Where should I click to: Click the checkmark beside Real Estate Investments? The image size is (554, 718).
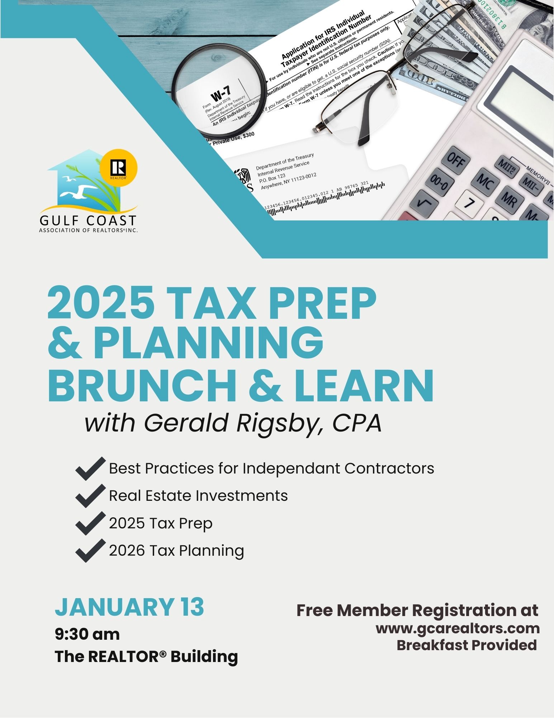click(x=90, y=496)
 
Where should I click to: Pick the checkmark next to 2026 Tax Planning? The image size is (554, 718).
click(x=90, y=550)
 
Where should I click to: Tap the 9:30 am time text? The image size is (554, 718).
click(x=87, y=634)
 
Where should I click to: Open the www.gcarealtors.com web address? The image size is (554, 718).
click(x=458, y=628)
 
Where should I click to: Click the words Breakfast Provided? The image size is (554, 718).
click(x=466, y=645)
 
